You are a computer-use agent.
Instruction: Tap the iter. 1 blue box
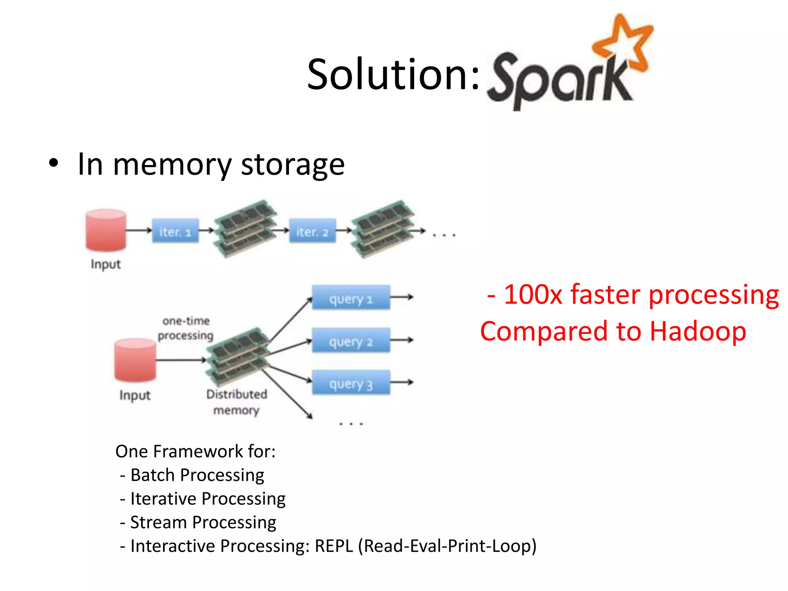point(175,231)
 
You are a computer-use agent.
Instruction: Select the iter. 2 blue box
point(312,231)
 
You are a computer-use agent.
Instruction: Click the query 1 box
point(351,298)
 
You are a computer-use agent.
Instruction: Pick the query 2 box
point(351,341)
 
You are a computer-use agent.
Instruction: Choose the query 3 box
point(351,383)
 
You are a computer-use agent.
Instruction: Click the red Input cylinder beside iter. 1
point(106,230)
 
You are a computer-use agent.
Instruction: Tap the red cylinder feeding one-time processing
point(135,360)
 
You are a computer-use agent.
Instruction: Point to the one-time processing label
point(186,328)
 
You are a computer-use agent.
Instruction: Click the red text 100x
point(533,295)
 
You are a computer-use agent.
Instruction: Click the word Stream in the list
point(158,523)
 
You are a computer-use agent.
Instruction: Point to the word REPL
point(334,546)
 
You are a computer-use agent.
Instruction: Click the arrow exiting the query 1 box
point(402,297)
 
